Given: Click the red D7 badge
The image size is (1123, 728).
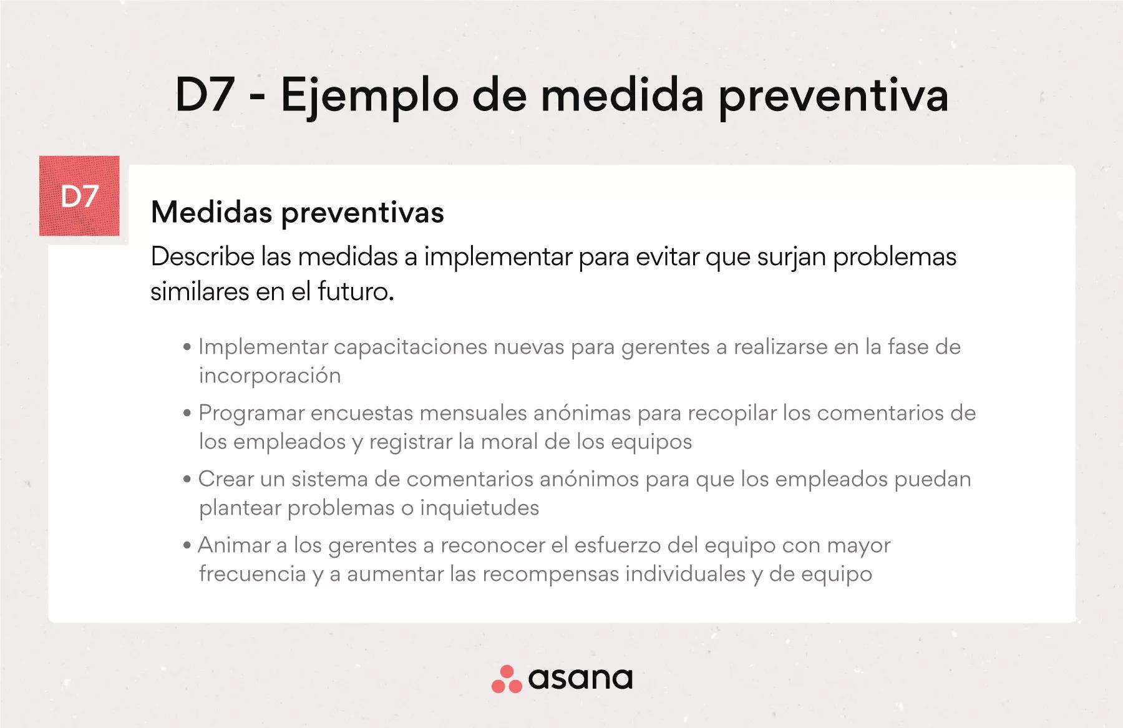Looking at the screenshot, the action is (x=79, y=196).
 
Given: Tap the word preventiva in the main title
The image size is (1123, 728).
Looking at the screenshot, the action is (x=834, y=97).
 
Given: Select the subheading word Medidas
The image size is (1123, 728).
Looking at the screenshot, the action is (x=211, y=212).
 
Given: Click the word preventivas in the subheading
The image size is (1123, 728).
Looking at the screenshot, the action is (x=362, y=214).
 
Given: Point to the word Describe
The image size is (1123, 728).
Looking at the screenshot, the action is (x=203, y=257).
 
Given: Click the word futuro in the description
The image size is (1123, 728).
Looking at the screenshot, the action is (x=356, y=291).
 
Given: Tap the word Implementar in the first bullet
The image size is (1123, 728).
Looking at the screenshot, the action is (x=263, y=347).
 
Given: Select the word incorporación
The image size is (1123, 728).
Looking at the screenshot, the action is (x=270, y=376).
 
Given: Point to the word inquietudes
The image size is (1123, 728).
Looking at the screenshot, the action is (x=479, y=508).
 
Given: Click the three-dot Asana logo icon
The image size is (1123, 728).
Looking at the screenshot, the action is (x=506, y=679).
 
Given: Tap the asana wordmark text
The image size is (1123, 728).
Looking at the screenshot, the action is (x=580, y=679).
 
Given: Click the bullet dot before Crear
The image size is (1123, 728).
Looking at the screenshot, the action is (x=187, y=480).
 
